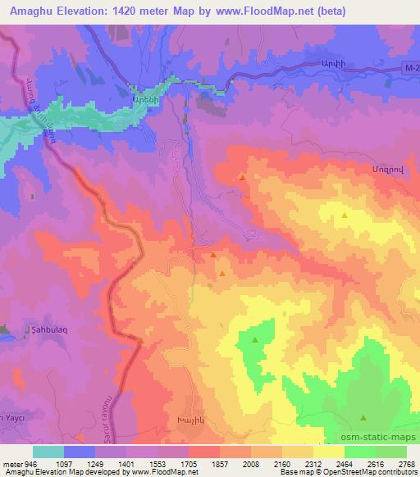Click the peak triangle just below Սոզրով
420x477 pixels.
[344, 215]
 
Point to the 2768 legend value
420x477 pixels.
[406, 462]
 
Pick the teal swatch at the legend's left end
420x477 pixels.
[48, 452]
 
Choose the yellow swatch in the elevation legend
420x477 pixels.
[329, 452]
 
